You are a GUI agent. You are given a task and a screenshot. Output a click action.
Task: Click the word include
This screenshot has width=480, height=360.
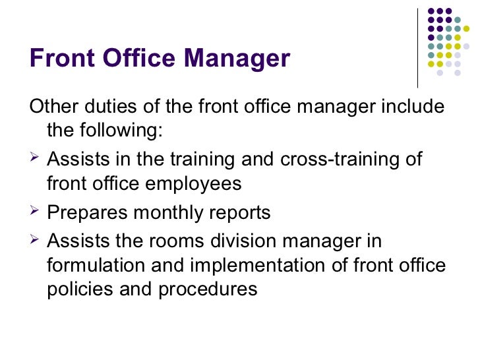(x=406, y=107)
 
